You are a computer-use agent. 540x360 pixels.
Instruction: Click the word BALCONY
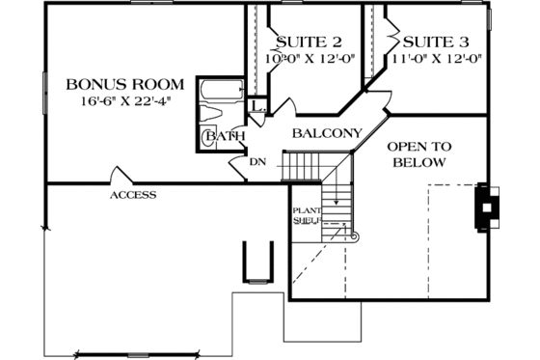(327, 133)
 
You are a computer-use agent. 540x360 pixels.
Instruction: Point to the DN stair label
(256, 161)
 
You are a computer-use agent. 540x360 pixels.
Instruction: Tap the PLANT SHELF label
(306, 213)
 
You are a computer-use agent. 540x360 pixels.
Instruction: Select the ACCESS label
(132, 195)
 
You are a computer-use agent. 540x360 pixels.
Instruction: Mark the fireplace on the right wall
(486, 206)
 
